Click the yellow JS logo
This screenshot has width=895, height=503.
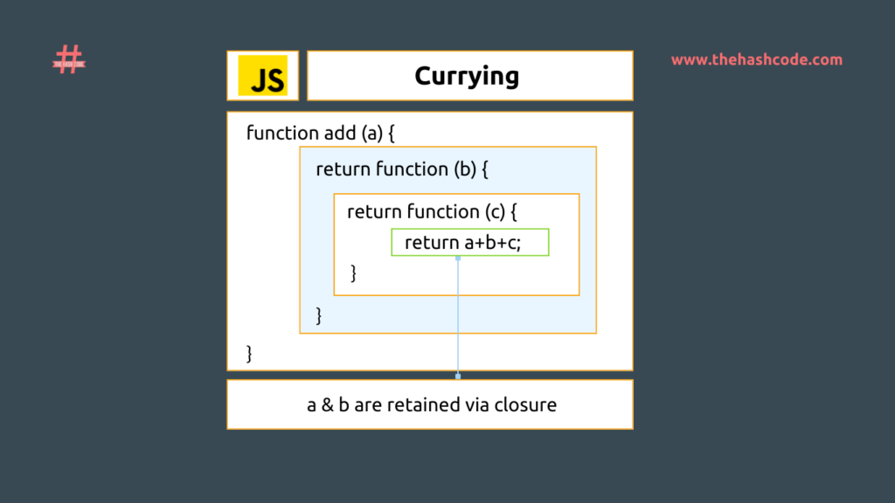coord(262,76)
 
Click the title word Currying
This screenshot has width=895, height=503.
coord(467,76)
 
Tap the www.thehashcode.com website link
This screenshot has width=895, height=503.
coord(757,60)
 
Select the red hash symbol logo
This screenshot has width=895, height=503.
coord(69,60)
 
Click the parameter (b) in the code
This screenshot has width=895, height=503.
coord(464,169)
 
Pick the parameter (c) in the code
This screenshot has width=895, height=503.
coord(494,212)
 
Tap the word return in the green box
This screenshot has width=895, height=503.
coord(430,243)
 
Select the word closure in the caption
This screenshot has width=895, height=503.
coord(525,405)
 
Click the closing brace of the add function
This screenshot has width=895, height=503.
coord(250,354)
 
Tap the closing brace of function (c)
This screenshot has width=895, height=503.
coord(353,273)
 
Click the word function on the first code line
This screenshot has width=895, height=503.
coord(282,134)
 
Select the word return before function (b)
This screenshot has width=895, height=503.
coord(343,169)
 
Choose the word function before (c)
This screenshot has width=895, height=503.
coord(443,212)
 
